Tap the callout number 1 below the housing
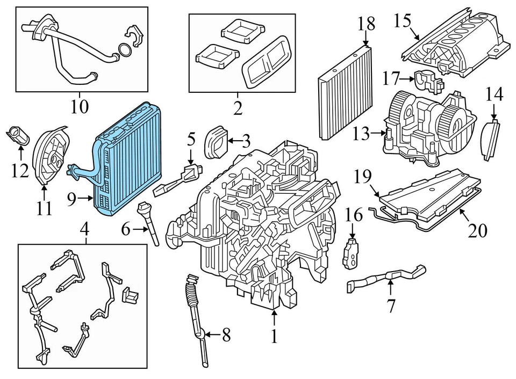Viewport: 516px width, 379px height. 275,336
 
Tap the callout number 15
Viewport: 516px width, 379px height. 402,21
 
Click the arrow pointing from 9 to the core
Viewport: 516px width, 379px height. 86,199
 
